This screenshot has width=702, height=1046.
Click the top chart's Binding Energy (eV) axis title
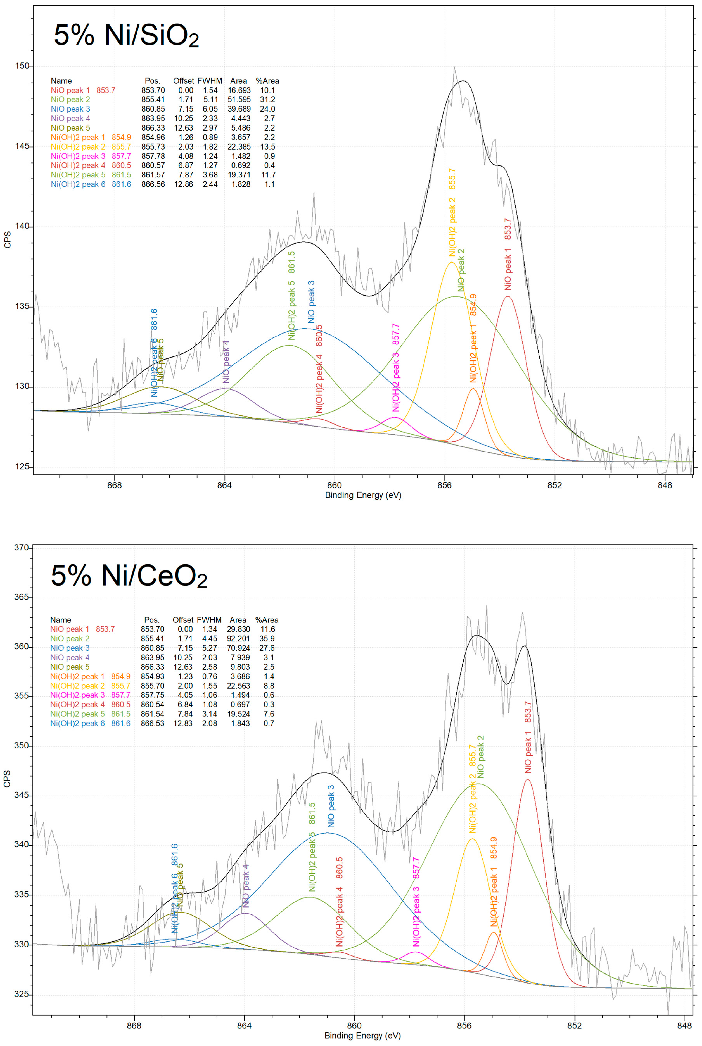click(x=363, y=495)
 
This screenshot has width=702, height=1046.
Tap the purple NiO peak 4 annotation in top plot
click(x=226, y=362)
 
